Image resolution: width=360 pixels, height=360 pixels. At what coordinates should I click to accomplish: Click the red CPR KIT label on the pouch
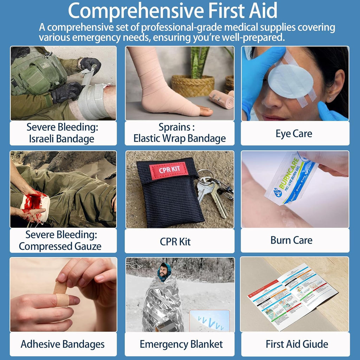pos(169,170)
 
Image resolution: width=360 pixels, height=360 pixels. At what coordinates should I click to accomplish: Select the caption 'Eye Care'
pos(294,134)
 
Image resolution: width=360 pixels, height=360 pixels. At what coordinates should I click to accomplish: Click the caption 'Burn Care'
pos(291,240)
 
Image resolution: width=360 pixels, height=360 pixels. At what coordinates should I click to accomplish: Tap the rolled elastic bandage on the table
pos(221,99)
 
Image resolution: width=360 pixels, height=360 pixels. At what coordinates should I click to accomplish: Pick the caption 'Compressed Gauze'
pos(60,246)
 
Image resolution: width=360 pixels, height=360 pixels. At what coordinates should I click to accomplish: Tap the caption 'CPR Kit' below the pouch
pos(175,242)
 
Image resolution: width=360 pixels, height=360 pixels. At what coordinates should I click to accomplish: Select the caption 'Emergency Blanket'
pos(181,344)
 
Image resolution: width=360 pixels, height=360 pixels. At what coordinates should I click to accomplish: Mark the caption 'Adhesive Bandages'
pos(63,344)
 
